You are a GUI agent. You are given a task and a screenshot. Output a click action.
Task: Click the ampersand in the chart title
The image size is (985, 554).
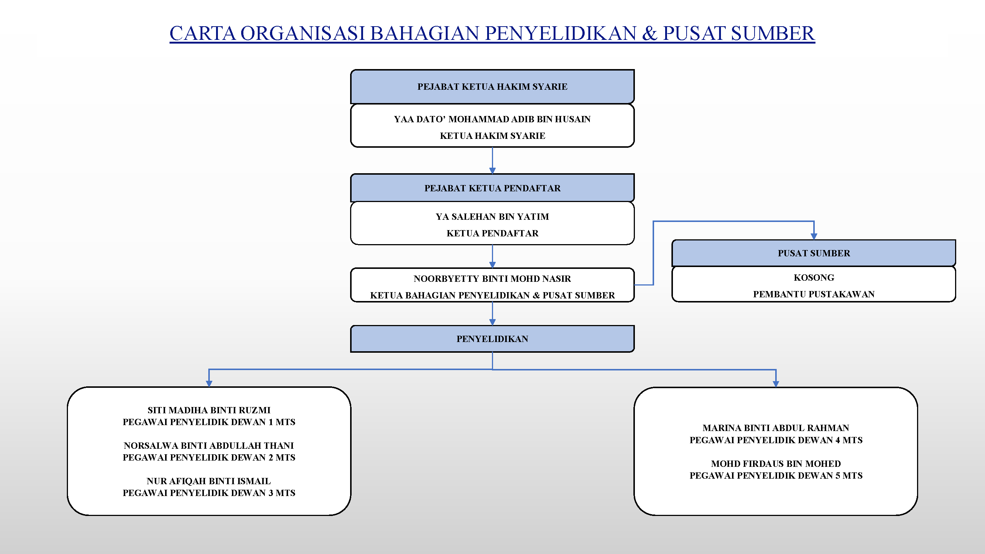click(x=649, y=33)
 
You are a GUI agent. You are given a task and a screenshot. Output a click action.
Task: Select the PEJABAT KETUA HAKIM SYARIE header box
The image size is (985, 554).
click(x=492, y=87)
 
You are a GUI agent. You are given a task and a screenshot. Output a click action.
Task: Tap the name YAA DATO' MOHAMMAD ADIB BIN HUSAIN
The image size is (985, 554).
click(x=492, y=119)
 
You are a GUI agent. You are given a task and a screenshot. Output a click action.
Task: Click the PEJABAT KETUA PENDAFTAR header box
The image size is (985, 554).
click(x=492, y=188)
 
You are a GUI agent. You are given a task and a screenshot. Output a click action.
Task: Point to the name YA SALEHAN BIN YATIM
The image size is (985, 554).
click(x=492, y=217)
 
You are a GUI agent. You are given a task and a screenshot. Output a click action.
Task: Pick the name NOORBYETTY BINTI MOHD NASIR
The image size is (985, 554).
click(x=492, y=279)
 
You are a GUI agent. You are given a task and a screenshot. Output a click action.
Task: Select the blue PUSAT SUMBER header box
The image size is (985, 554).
click(x=814, y=253)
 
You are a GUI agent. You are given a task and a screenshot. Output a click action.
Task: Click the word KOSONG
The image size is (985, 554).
click(x=814, y=278)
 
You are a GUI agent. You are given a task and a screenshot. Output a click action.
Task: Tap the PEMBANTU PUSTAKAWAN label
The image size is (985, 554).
click(x=814, y=294)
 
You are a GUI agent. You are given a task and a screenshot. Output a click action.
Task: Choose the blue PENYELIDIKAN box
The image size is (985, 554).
click(x=492, y=339)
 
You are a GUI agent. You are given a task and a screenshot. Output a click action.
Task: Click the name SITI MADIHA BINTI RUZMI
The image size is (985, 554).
click(x=209, y=410)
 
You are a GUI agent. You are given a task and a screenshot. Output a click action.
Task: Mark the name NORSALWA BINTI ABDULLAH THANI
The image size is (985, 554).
click(x=209, y=445)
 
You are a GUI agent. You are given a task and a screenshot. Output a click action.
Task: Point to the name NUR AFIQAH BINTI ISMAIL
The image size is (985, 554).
click(x=209, y=481)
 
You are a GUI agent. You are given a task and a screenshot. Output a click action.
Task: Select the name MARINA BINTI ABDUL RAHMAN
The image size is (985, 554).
click(x=776, y=428)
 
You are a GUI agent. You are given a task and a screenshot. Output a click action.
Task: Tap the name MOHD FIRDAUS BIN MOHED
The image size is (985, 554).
click(x=776, y=464)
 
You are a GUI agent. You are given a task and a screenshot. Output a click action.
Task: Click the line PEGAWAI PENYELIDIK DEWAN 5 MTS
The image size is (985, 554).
click(x=776, y=476)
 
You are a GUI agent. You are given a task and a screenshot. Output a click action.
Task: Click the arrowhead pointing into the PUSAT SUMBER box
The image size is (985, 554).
click(x=814, y=237)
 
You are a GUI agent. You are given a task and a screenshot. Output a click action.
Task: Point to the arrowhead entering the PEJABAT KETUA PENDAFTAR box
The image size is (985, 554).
click(x=492, y=171)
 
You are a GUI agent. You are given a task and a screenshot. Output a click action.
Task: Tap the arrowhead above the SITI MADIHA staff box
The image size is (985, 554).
click(x=209, y=383)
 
